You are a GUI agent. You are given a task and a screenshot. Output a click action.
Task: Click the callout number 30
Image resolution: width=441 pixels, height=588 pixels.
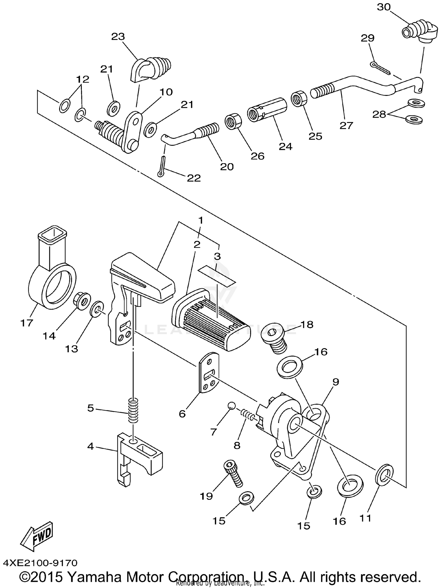click(384, 7)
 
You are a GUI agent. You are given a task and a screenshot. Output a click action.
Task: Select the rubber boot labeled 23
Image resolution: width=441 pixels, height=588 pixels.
click(150, 69)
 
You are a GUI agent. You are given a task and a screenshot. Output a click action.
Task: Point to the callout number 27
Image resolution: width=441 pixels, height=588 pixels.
click(346, 126)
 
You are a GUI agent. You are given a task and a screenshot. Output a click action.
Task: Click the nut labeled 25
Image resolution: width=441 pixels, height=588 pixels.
click(299, 98)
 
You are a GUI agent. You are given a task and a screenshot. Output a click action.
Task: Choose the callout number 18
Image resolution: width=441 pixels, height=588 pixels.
click(307, 325)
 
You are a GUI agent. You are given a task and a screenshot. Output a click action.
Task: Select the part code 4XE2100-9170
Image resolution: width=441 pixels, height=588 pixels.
click(40, 563)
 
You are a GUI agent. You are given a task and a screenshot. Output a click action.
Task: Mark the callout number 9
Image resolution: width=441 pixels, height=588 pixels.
click(336, 382)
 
